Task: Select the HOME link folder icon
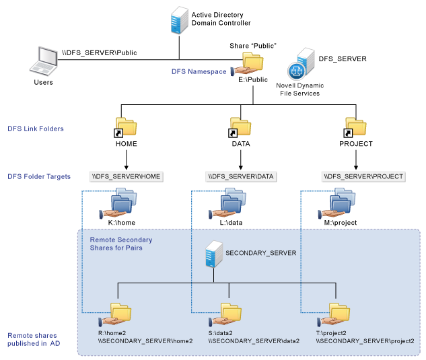coord(125,127)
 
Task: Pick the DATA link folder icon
coord(240,127)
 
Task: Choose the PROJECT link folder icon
coord(355,127)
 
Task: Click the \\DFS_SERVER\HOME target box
coord(127,176)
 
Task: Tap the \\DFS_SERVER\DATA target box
coord(241,176)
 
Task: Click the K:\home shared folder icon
coord(122,203)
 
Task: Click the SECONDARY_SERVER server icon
coord(214,255)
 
